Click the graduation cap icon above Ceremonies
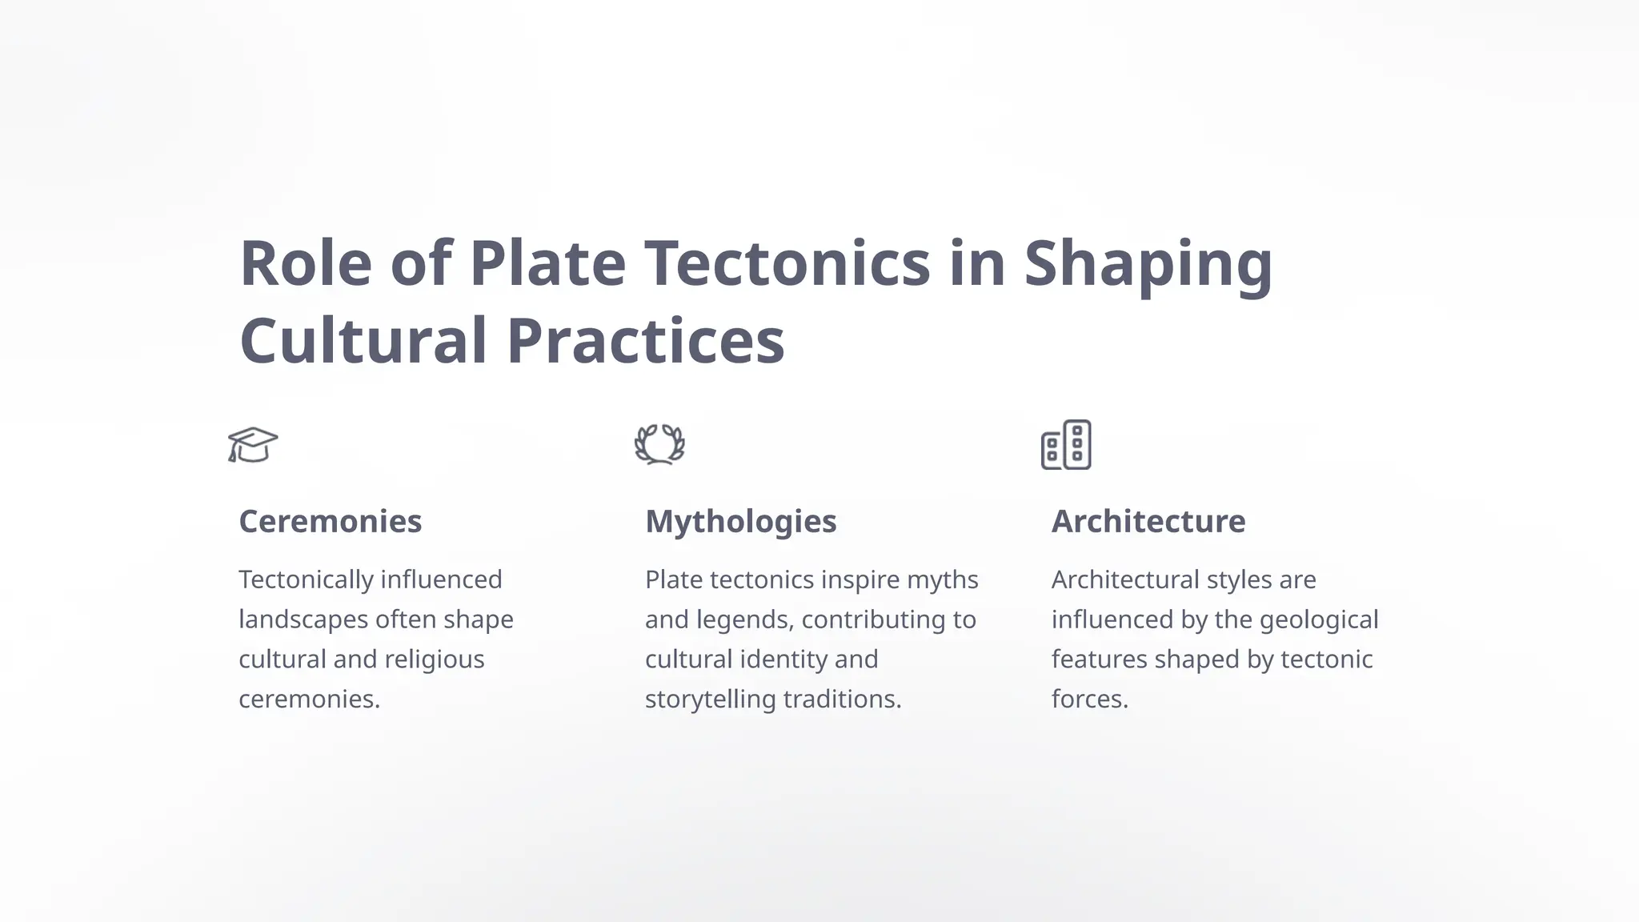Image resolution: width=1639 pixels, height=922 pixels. point(253,445)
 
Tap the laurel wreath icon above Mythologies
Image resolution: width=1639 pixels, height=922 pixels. point(659,445)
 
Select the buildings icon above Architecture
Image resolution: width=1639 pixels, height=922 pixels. point(1066,445)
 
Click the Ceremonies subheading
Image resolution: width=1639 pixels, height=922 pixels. point(330,522)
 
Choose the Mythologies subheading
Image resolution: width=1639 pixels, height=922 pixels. point(740,522)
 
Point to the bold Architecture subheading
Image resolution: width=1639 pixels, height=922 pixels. point(1148,522)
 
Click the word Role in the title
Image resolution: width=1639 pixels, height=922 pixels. point(306,263)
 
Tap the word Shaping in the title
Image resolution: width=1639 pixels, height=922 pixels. point(1148,265)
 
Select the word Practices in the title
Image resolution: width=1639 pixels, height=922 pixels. point(645,341)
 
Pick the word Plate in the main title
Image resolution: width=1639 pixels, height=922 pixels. point(547,263)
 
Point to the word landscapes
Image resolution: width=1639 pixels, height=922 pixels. point(303,619)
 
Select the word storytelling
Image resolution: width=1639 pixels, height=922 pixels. point(710,700)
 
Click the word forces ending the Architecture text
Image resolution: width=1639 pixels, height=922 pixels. point(1089,700)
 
